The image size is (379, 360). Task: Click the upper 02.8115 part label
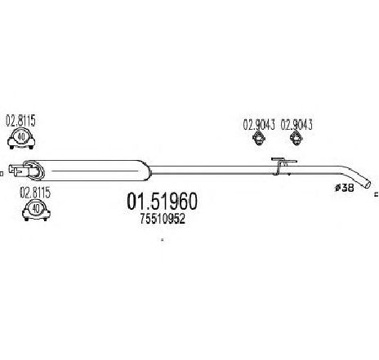pos(20,122)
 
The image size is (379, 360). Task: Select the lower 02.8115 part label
pos(35,193)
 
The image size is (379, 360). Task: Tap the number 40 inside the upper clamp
pos(21,137)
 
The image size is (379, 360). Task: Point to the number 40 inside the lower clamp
pos(36,208)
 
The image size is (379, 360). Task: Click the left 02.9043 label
pos(259,125)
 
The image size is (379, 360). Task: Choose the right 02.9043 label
pos(297,125)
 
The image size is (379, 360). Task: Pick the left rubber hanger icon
pos(259,138)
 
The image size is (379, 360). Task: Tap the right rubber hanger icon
pos(297,138)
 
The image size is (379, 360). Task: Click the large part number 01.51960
pos(162,202)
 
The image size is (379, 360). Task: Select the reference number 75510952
pos(163,219)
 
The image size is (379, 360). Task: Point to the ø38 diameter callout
pos(344,188)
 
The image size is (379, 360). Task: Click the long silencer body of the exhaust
pos(94,171)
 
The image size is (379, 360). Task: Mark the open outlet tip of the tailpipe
pos(368,184)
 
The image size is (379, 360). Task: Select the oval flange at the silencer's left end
pos(33,171)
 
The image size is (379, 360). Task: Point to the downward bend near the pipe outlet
pos(351,175)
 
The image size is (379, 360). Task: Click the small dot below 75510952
pos(163,240)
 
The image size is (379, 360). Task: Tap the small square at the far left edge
pos(1,173)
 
